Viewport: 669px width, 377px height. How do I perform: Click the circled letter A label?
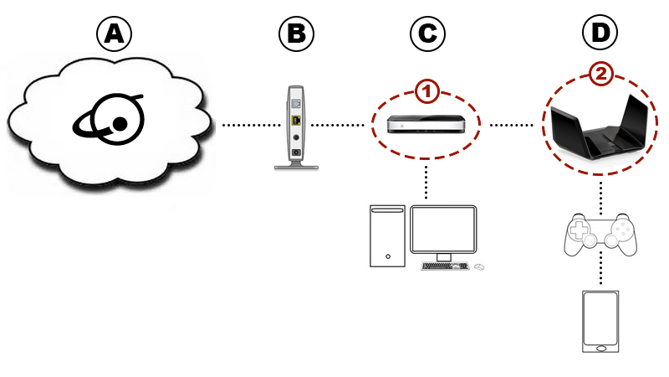click(115, 34)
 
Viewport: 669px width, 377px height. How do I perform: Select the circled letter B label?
click(297, 34)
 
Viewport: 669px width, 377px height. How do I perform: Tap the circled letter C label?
click(427, 34)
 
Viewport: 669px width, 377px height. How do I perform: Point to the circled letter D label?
click(600, 34)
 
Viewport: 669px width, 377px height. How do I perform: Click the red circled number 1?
click(427, 90)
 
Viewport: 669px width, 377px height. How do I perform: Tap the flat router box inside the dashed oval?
click(426, 125)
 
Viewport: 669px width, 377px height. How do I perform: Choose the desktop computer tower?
click(388, 236)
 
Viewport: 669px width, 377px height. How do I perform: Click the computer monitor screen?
click(444, 230)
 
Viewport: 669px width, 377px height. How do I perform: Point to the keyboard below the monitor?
click(444, 266)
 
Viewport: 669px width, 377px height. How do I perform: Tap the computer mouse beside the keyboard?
click(479, 267)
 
